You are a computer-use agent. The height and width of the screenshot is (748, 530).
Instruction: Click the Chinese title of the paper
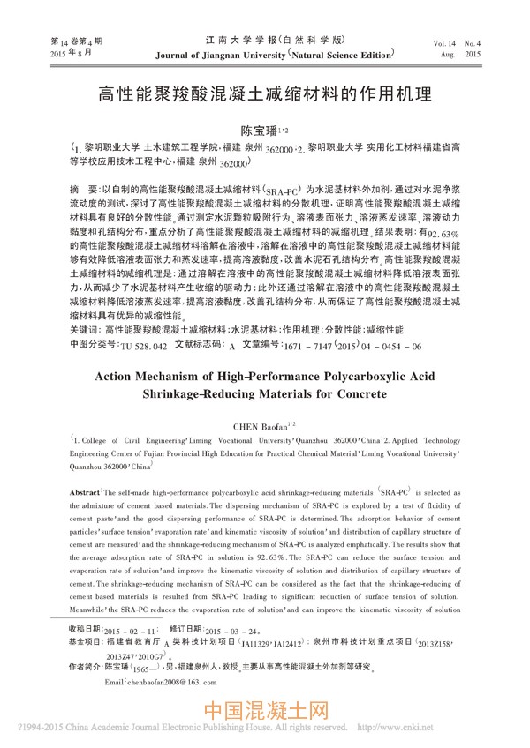pyautogui.click(x=264, y=93)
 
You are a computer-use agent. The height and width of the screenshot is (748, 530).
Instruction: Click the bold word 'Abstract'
pyautogui.click(x=87, y=490)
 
